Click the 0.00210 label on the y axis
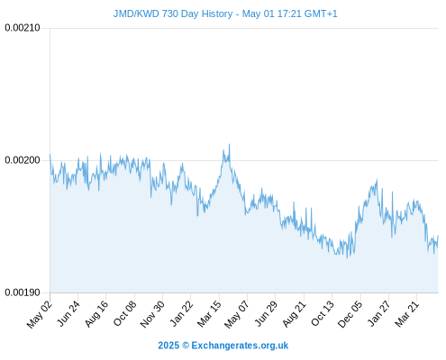(23, 28)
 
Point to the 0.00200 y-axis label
(23, 160)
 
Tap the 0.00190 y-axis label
(23, 292)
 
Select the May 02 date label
(40, 314)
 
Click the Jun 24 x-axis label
(68, 313)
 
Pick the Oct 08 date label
(124, 313)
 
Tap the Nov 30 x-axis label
(152, 314)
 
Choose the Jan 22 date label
(181, 313)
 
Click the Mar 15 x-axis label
(209, 313)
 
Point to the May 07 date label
(237, 314)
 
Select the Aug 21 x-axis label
(294, 313)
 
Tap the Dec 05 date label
(350, 314)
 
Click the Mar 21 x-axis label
(406, 313)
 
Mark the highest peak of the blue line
(230, 144)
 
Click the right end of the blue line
(439, 236)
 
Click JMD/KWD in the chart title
(136, 13)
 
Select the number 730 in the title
(170, 13)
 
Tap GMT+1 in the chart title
(321, 13)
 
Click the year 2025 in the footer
(168, 346)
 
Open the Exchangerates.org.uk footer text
(240, 346)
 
